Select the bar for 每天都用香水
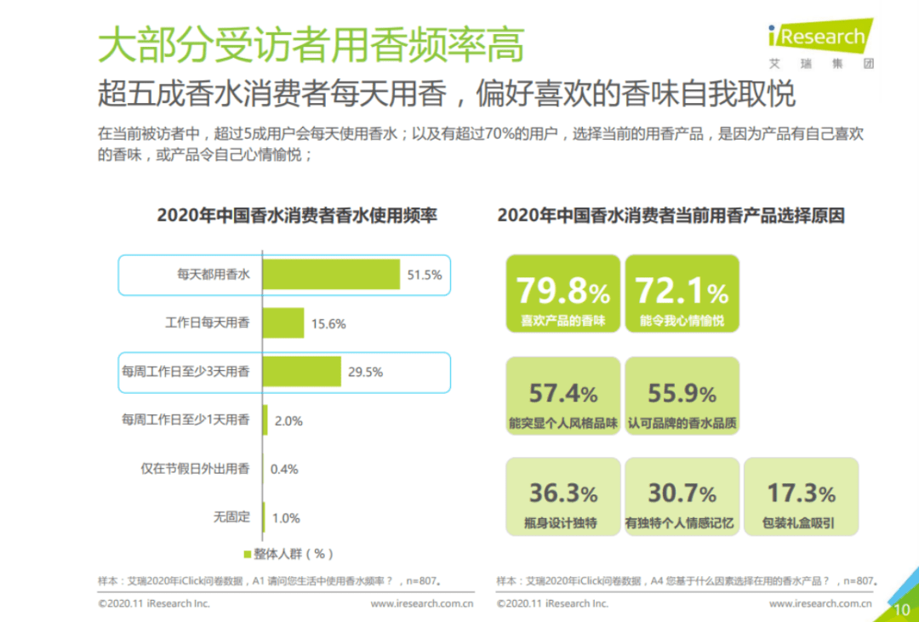coord(331,274)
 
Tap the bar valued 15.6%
coord(283,323)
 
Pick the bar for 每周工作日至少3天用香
coord(301,372)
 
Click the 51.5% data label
coord(425,275)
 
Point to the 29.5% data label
coord(365,372)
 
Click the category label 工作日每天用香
coord(207,323)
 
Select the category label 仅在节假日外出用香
coord(196,468)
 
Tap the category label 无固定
coord(231,516)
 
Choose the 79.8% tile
coord(562,294)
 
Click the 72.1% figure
coord(682,292)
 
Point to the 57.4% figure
coord(562,393)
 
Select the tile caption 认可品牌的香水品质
coord(682,422)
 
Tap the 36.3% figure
coord(562,493)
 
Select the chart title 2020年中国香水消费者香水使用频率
coord(297,216)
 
